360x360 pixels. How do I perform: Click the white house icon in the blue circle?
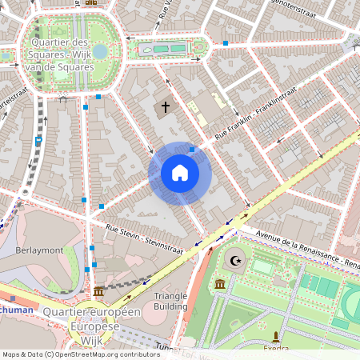pos(180,173)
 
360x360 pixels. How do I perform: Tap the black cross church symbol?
pos(166,106)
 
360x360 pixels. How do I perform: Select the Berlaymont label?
pos(38,250)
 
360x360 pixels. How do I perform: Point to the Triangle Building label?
pos(170,301)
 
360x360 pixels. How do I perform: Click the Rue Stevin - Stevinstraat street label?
pos(145,240)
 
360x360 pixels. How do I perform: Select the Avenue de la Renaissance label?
pos(300,249)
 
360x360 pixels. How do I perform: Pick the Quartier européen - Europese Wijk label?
pos(92,319)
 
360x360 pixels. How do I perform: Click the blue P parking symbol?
pos(38,141)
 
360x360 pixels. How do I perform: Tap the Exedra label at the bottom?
pos(275,349)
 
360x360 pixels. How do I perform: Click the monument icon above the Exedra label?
pos(276,337)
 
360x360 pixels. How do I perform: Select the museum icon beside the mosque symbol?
pos(220,283)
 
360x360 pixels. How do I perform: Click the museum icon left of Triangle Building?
pos(98,291)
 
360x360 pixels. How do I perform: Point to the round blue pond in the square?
pos(99,52)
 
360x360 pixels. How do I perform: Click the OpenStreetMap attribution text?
pos(81,354)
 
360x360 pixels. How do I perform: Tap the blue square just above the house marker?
pos(192,149)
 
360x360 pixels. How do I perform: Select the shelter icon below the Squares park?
pos(62,99)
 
